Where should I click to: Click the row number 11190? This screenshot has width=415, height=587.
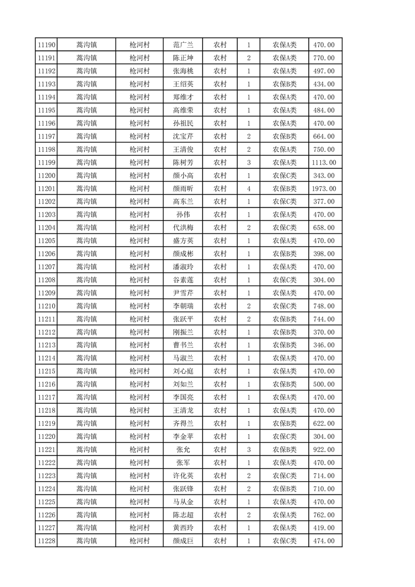pyautogui.click(x=46, y=45)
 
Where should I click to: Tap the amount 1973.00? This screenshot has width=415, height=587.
pyautogui.click(x=324, y=188)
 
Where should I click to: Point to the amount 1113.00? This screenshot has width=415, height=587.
pyautogui.click(x=324, y=162)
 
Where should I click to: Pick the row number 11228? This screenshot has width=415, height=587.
pyautogui.click(x=46, y=540)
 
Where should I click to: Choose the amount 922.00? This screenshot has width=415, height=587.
pyautogui.click(x=324, y=449)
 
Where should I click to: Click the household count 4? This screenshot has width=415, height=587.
pyautogui.click(x=249, y=188)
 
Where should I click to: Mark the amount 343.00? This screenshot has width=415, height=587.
pyautogui.click(x=324, y=175)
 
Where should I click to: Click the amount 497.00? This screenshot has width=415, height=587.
pyautogui.click(x=324, y=71)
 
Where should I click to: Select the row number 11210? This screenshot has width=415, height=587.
pyautogui.click(x=46, y=306)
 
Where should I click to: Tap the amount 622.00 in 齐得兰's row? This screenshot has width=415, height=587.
pyautogui.click(x=324, y=423)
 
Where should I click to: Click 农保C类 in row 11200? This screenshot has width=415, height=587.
pyautogui.click(x=284, y=175)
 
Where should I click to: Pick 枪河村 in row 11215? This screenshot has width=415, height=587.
pyautogui.click(x=140, y=371)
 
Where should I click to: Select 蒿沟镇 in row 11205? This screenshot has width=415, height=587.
pyautogui.click(x=86, y=241)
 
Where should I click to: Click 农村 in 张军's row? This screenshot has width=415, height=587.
pyautogui.click(x=220, y=462)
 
